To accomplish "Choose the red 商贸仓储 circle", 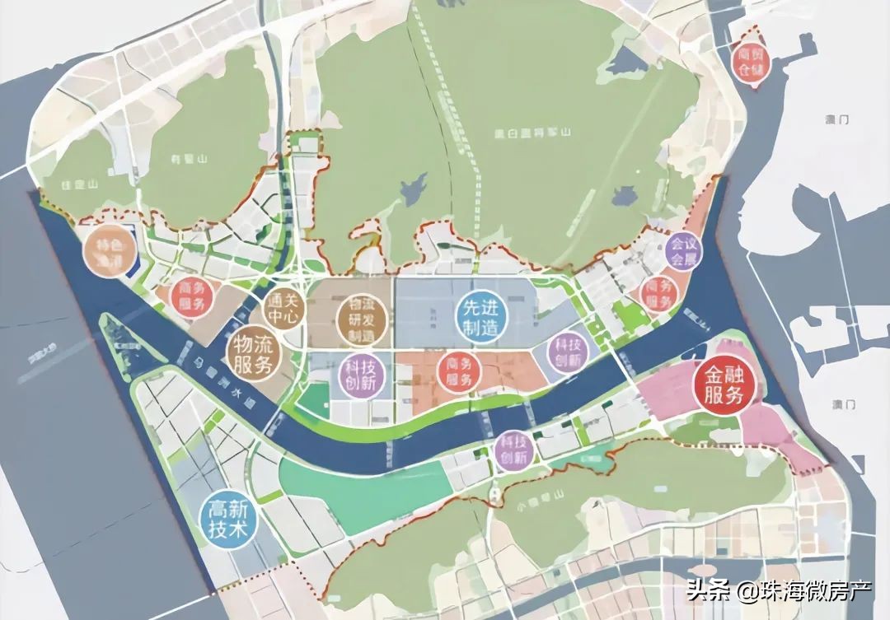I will pos(750,60).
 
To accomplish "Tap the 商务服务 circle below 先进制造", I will pos(457,371).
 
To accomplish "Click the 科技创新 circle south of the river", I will pos(514,451).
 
